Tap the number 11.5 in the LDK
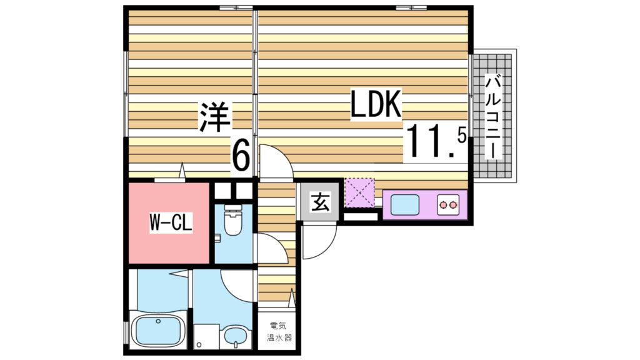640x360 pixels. click(x=436, y=143)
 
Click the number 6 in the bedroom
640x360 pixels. click(x=241, y=156)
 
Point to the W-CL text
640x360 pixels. click(x=170, y=222)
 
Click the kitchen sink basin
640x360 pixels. click(x=404, y=204)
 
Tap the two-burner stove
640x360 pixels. click(x=448, y=204)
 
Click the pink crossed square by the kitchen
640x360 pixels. click(x=359, y=192)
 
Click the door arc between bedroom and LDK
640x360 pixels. click(x=275, y=161)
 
